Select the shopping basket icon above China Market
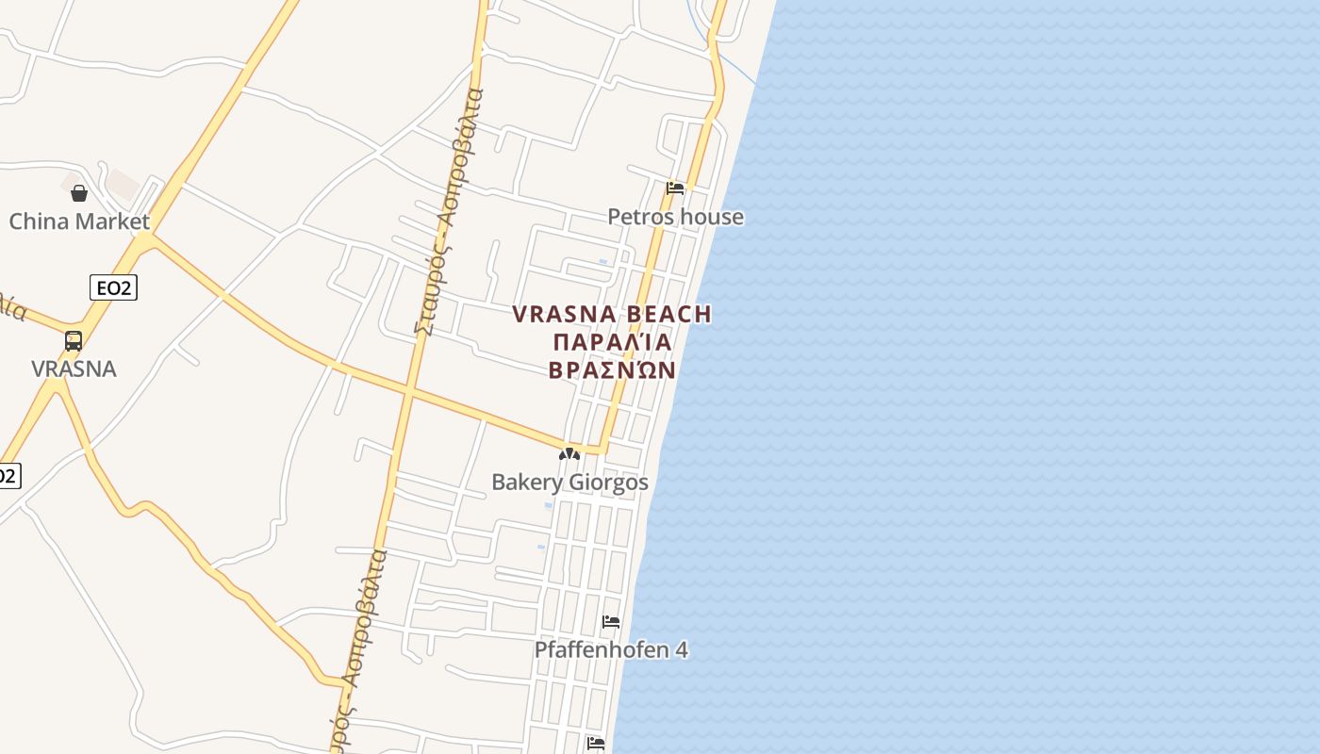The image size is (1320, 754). coord(79,193)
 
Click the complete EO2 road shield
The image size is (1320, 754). coord(113,287)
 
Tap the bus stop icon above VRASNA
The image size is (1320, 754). coord(74,341)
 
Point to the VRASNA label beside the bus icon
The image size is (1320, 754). coord(74,369)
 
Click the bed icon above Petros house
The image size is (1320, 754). coord(675,188)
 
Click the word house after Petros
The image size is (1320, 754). coord(712,218)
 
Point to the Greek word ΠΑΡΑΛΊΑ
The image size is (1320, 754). coord(612,342)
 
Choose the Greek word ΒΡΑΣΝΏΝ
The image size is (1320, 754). coord(612,369)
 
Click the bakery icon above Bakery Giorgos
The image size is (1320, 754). coord(569,454)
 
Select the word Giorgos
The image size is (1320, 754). coord(606,483)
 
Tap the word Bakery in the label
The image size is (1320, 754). coord(525,483)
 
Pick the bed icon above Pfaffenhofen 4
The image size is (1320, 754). coord(611,622)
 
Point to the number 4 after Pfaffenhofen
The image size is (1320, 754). coord(682,650)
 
